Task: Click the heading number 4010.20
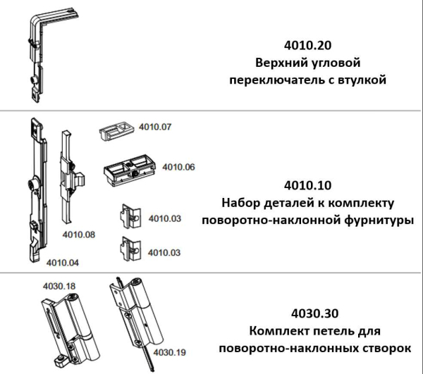(307, 44)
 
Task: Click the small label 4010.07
(157, 127)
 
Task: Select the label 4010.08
(79, 233)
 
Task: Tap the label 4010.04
(63, 263)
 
